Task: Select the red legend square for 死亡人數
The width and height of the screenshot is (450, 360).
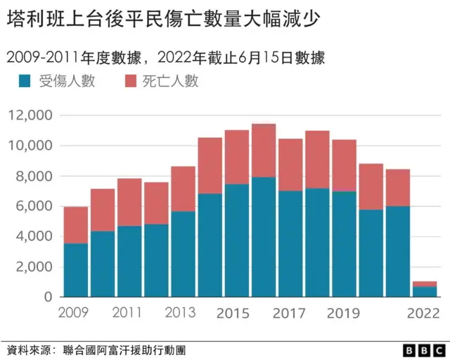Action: coord(131,82)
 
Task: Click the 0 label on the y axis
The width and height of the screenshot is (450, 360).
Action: coord(48,297)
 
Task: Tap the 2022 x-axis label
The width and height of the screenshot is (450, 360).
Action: coord(424,312)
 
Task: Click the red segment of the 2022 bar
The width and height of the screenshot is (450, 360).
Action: coord(424,284)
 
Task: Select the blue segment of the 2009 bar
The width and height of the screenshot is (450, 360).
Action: coord(75,271)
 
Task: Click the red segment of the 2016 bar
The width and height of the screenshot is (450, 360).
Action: coord(263,150)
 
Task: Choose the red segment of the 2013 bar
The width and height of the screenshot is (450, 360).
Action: coord(183,188)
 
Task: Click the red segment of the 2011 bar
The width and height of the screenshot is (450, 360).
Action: coord(129,202)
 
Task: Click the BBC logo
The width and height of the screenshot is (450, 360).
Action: coord(419,349)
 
